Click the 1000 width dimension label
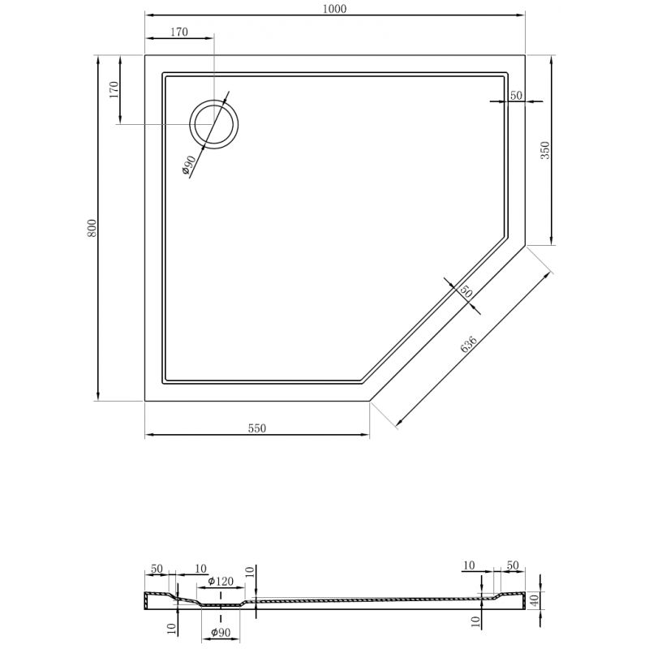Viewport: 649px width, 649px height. [x=335, y=9]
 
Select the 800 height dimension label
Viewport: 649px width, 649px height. [x=92, y=228]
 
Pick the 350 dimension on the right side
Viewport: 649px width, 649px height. [x=545, y=150]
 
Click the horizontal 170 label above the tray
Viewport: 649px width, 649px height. [x=179, y=32]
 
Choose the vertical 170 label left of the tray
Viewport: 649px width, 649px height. [x=114, y=89]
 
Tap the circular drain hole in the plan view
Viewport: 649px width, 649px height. [x=214, y=124]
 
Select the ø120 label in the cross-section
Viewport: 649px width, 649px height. [x=221, y=581]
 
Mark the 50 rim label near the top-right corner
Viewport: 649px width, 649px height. [x=515, y=96]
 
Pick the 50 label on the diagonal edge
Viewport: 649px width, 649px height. [x=466, y=290]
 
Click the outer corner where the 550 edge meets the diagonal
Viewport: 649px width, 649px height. [x=370, y=401]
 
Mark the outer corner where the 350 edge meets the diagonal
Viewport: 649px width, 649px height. [x=526, y=245]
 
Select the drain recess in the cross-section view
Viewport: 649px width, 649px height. [x=220, y=605]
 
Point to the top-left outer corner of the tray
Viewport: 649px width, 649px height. [x=145, y=55]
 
